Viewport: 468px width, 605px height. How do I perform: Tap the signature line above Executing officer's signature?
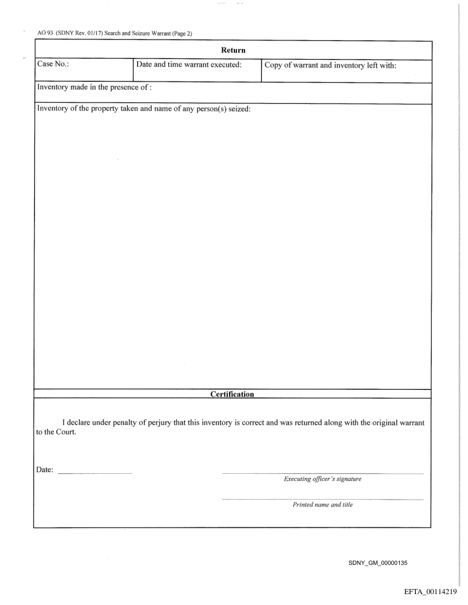pos(323,473)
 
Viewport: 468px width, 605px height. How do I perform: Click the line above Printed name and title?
pos(323,499)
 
